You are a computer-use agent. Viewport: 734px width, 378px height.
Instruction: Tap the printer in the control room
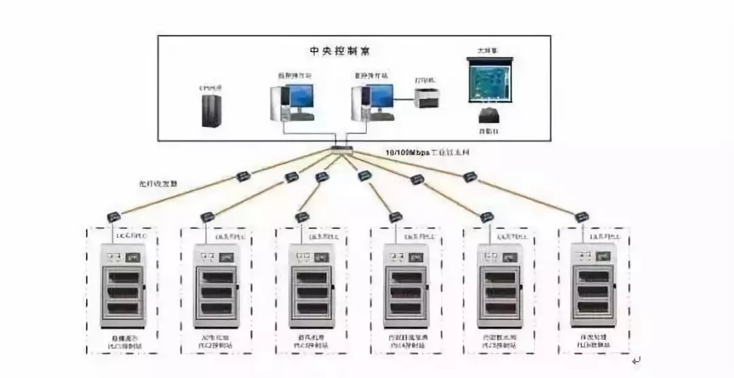pos(427,97)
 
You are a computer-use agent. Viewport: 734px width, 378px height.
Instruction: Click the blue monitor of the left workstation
pos(300,99)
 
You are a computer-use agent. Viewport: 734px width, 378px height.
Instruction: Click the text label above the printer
pos(425,80)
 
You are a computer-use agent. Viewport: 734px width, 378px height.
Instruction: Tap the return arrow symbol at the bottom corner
pos(635,360)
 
